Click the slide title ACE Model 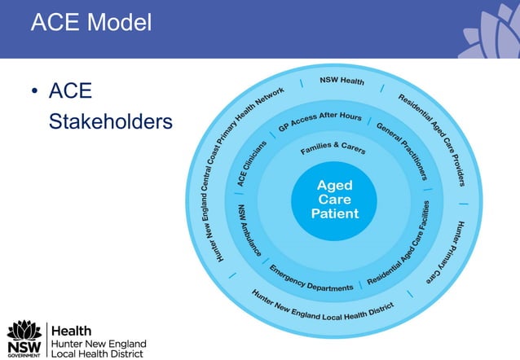tap(90, 23)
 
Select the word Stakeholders tap(111, 121)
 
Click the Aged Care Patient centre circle tap(334, 200)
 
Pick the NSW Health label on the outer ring tap(341, 81)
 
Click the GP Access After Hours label tap(319, 121)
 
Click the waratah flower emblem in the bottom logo tap(24, 331)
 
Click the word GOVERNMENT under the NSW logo tap(24, 355)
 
